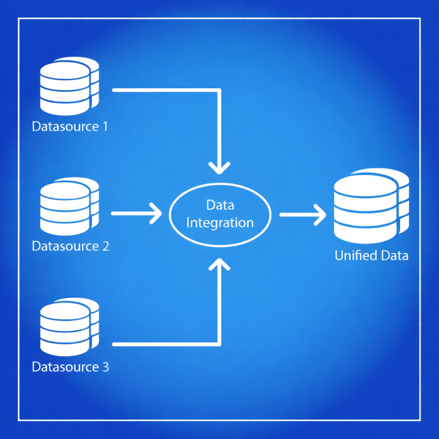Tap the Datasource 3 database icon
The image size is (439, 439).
coord(69,327)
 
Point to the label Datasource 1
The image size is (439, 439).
coord(70,127)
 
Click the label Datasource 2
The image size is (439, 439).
coord(70,246)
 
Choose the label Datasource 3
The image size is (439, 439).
coord(70,367)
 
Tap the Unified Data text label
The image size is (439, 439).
coord(372,255)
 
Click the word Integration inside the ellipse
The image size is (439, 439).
coord(220,223)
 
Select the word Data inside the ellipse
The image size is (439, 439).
coord(220,205)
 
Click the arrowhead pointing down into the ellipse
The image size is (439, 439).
coord(219,166)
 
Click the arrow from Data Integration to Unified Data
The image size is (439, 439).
coord(302,214)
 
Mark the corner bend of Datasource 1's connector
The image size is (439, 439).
coord(219,89)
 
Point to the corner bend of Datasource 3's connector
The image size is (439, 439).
coord(219,344)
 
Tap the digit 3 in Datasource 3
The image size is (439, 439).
coord(105,367)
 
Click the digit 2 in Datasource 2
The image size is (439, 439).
coord(105,246)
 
